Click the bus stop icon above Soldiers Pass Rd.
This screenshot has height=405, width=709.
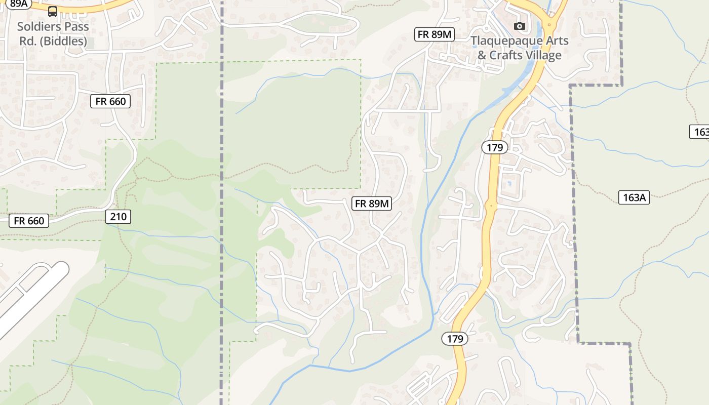pos(53,11)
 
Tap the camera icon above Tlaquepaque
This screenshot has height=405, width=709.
pos(519,26)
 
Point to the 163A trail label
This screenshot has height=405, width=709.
pos(634,197)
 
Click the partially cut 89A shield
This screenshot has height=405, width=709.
pos(19,3)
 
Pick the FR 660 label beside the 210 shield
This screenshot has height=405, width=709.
pos(29,221)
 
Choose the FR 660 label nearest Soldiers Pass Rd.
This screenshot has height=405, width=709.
pos(110,101)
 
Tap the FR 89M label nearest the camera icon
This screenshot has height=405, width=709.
pos(435,34)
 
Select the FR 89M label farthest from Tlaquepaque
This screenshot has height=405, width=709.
pos(372,204)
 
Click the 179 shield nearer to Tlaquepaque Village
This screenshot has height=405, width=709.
pos(494,147)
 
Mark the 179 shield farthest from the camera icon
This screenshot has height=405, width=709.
pos(455,339)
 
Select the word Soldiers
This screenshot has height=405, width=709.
pos(38,26)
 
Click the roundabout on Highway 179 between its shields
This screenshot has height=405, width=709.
pos(490,206)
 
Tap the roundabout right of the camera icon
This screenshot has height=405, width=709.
pos(549,24)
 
